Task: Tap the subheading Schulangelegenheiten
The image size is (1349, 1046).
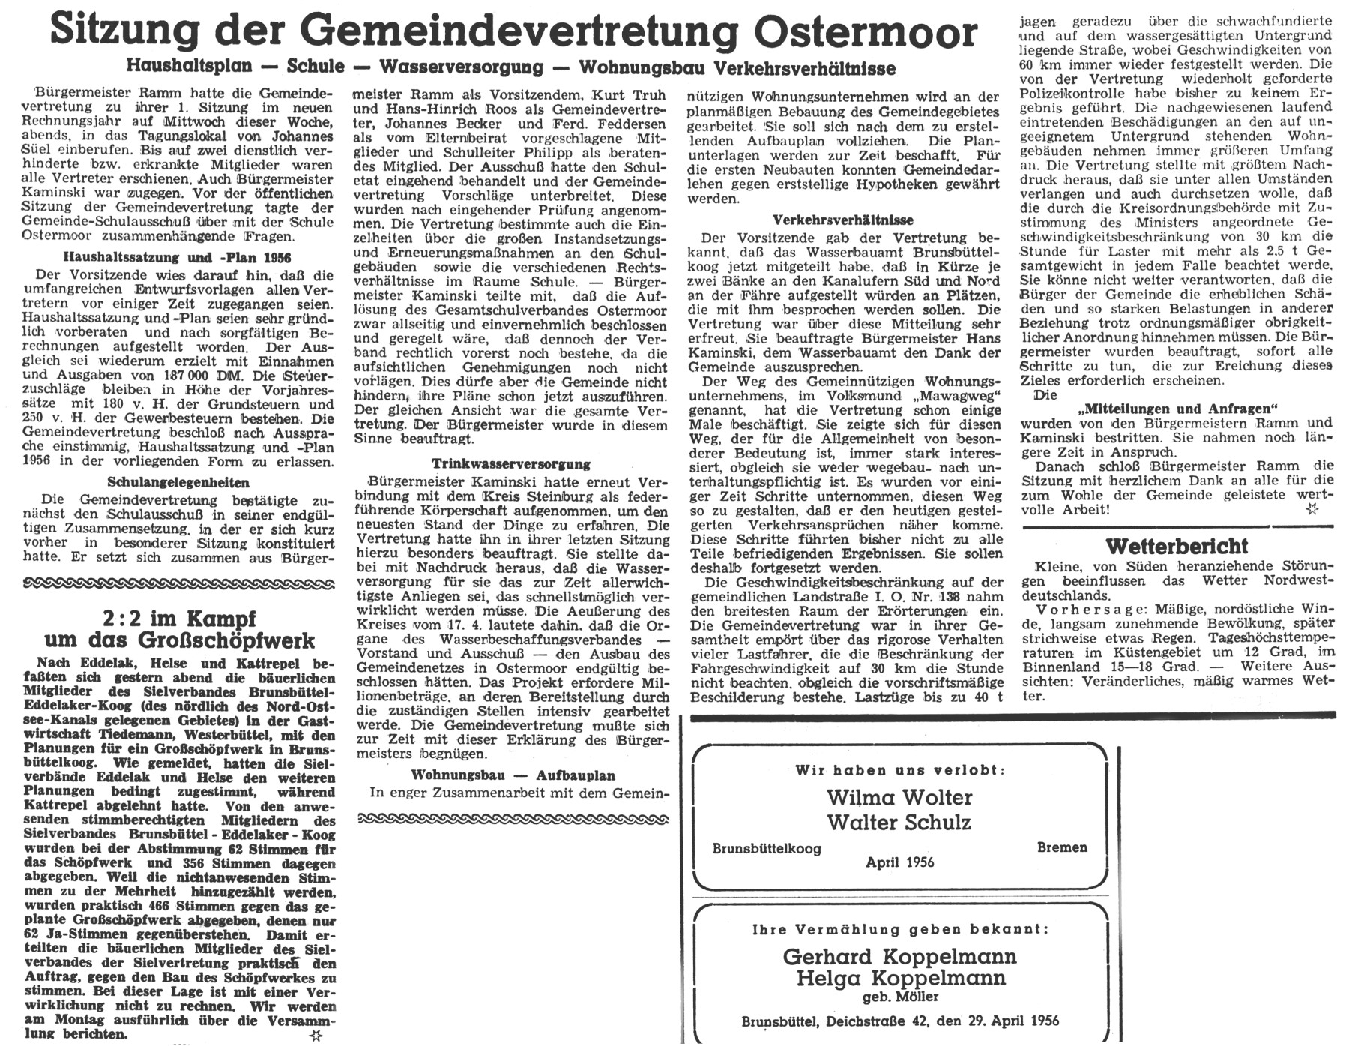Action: point(178,482)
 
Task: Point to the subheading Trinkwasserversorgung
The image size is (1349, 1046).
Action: point(511,464)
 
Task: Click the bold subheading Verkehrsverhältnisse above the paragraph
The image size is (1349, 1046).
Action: point(843,220)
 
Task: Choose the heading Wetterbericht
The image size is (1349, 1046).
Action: point(1176,545)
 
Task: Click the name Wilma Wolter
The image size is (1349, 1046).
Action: point(899,796)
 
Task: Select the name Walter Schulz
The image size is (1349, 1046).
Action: point(899,822)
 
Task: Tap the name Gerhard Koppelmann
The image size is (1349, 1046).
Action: point(899,956)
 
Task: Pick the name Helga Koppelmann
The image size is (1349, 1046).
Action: point(900,978)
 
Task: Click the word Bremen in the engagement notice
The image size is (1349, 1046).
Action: point(1061,847)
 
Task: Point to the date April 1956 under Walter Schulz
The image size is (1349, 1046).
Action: point(899,862)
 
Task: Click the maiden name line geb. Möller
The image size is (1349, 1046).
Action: point(899,997)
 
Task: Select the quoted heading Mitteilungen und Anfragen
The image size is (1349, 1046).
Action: point(1177,409)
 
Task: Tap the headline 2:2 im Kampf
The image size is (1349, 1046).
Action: point(180,619)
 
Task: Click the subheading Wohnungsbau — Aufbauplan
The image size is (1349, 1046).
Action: point(513,775)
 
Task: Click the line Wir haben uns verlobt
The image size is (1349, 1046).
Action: point(899,770)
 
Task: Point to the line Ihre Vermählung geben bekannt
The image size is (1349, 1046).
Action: point(899,930)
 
